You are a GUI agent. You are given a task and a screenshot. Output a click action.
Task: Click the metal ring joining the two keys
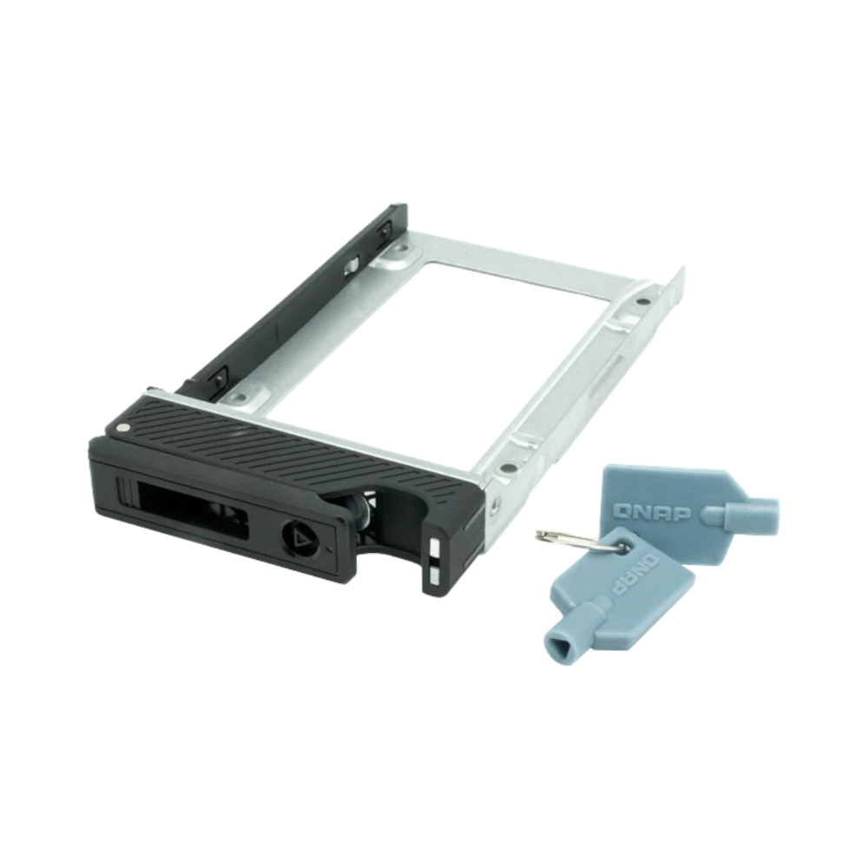point(575,540)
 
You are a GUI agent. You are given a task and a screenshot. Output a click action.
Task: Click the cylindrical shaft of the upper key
point(742,510)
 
